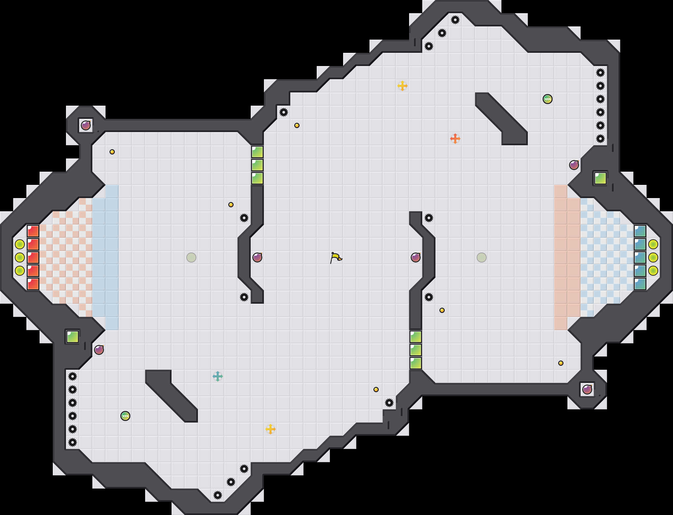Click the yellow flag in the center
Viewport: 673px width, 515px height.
coord(336,257)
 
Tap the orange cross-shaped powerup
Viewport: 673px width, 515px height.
coord(455,139)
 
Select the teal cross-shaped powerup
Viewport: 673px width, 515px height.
coord(218,376)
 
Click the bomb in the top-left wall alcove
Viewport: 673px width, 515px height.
coord(86,125)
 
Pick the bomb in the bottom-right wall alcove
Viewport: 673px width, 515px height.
coord(587,390)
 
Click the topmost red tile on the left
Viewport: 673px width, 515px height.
coord(33,231)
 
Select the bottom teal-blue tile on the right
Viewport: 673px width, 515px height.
coord(640,284)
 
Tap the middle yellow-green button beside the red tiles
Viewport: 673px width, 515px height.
coord(20,257)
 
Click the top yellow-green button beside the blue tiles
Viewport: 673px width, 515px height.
coord(653,244)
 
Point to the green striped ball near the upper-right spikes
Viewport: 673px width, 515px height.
coord(548,99)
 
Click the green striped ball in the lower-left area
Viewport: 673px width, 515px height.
coord(125,416)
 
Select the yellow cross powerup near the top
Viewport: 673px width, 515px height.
coord(402,86)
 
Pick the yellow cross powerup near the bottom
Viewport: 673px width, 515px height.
coord(271,429)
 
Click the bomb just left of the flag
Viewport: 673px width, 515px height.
coord(257,257)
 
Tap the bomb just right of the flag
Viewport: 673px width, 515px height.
coord(416,257)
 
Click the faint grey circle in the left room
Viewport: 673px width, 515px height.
coord(191,257)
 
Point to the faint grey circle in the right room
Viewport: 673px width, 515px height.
coord(482,257)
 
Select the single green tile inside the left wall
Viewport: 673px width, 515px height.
coord(73,337)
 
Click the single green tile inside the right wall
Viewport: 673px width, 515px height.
coord(600,178)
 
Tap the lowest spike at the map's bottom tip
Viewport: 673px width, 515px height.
coord(218,495)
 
